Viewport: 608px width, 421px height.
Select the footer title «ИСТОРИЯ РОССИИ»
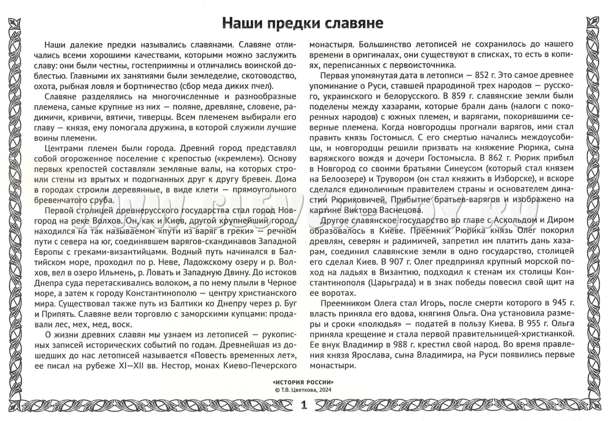point(304,382)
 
